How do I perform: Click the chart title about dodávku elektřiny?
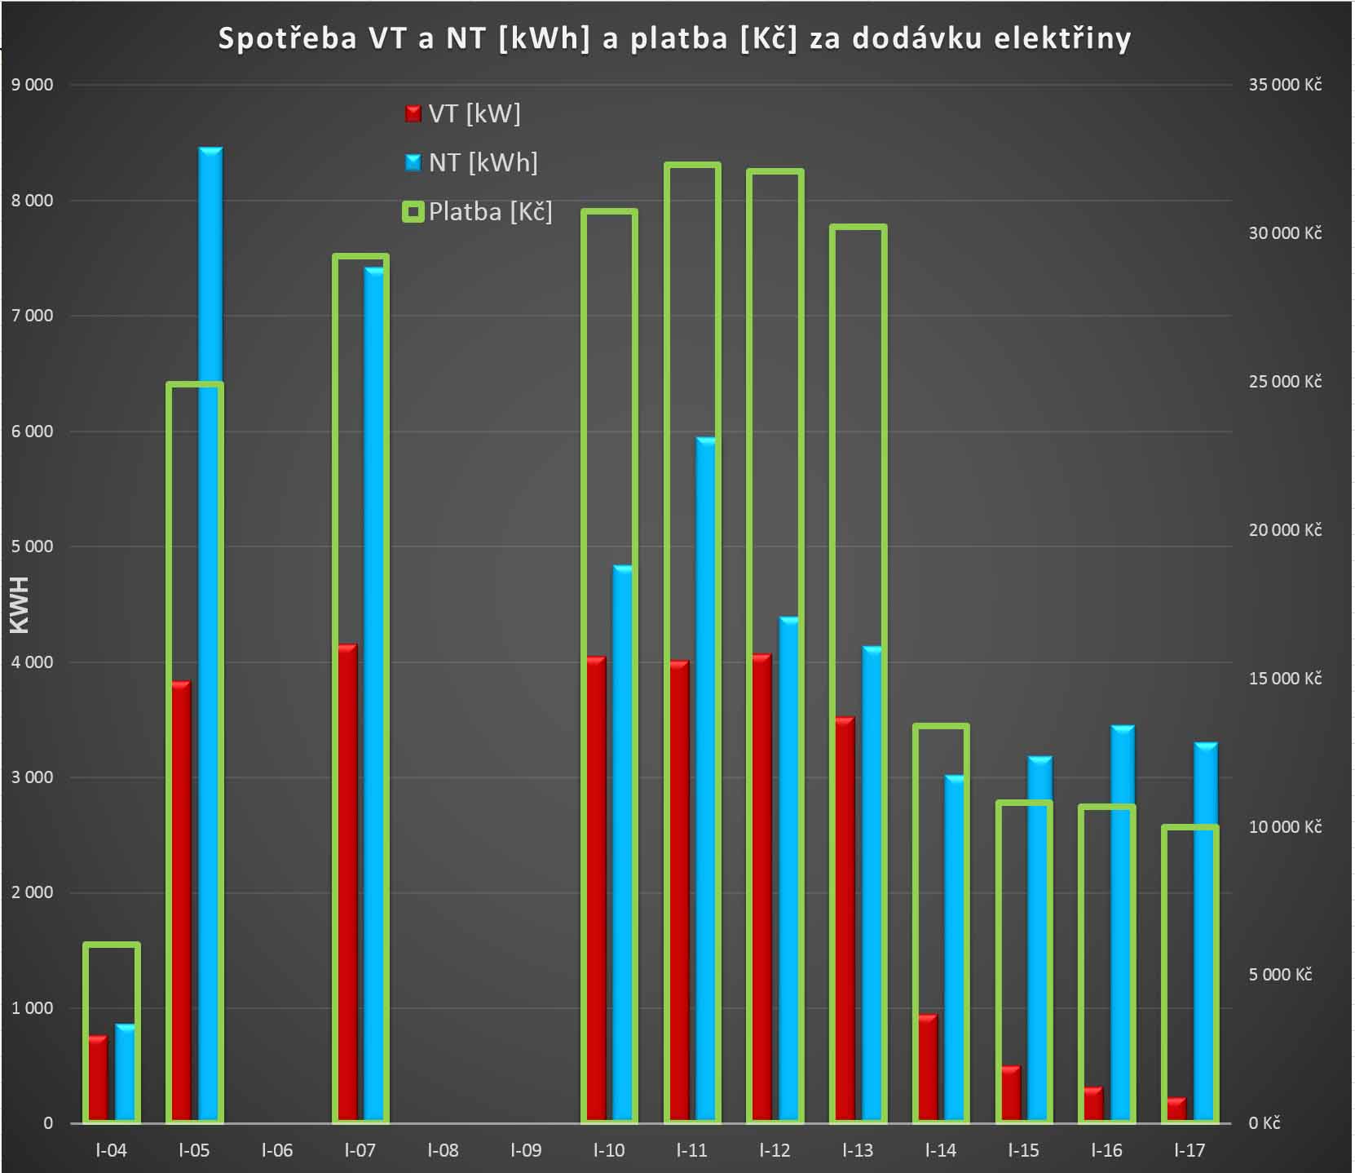point(674,39)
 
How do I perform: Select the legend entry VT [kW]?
point(462,113)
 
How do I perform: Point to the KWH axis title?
point(19,604)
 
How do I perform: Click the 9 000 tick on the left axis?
point(32,85)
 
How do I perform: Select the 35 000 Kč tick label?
point(1284,85)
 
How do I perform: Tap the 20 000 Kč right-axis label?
point(1284,530)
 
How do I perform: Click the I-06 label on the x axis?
point(277,1150)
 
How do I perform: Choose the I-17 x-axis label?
point(1189,1150)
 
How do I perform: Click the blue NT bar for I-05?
point(210,636)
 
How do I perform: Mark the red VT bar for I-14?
point(928,1068)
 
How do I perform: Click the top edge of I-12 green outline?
point(775,171)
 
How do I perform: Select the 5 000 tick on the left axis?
point(32,547)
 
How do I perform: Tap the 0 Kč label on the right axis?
point(1264,1123)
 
